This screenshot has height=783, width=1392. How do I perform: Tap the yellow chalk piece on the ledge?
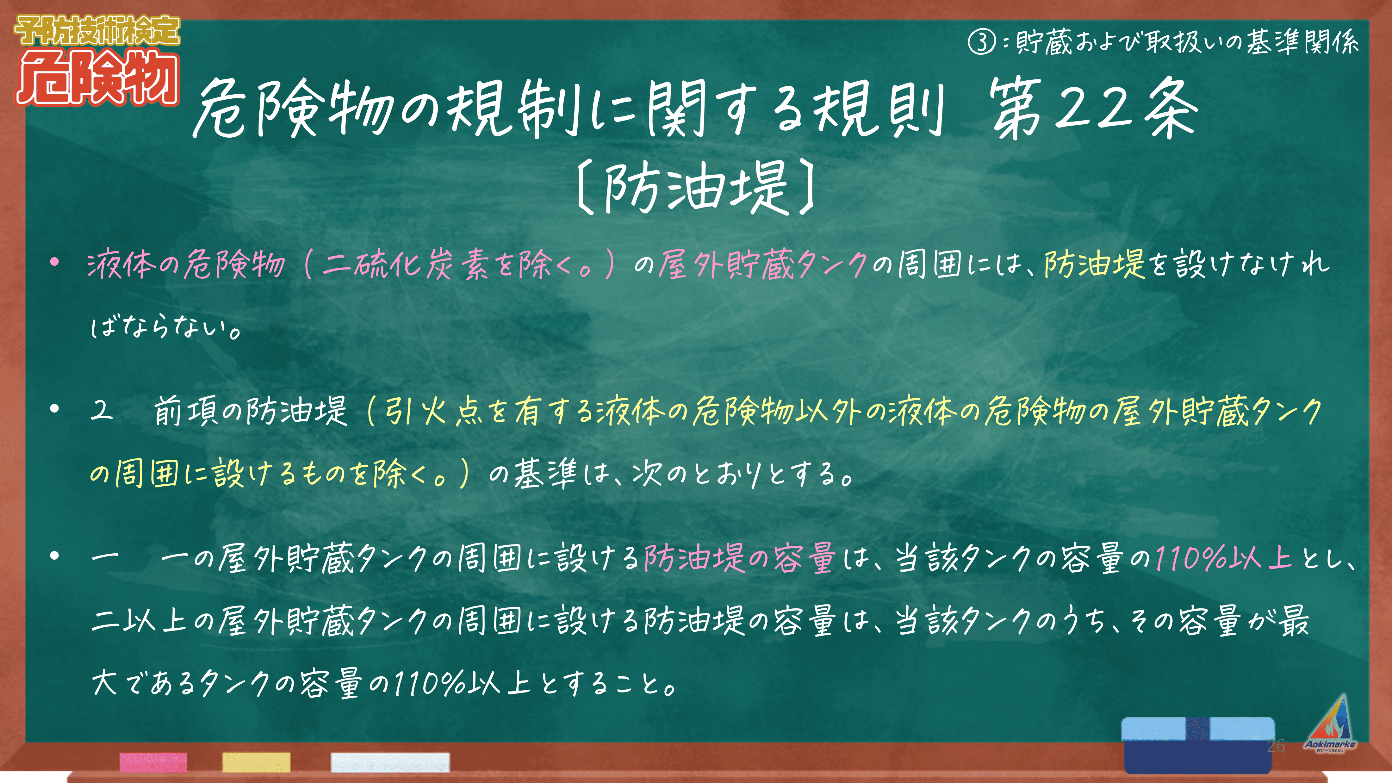click(256, 762)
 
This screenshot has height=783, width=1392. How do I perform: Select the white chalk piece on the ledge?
click(390, 762)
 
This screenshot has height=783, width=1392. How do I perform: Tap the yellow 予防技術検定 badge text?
click(97, 30)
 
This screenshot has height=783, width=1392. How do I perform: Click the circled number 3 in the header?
click(981, 42)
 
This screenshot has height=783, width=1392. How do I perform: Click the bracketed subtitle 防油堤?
click(695, 186)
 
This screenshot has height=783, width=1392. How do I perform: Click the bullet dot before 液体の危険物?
click(54, 263)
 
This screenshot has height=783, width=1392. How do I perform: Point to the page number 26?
click(1276, 746)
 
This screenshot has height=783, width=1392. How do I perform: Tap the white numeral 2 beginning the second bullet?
click(102, 411)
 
